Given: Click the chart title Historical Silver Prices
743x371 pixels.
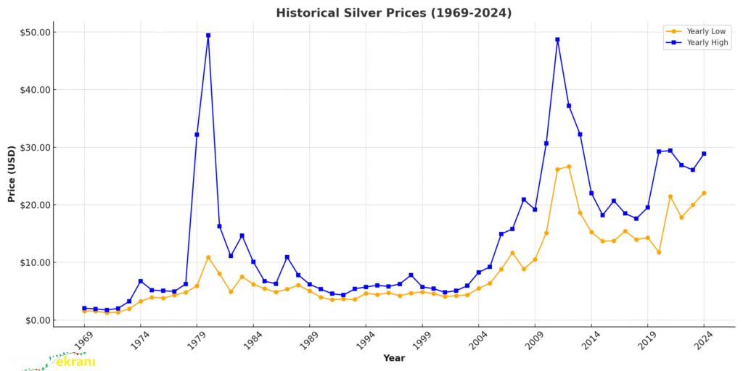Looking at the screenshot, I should coord(393,13).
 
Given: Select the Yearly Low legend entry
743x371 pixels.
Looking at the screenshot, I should coord(697,31).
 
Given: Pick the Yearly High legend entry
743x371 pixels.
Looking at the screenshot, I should coord(697,43).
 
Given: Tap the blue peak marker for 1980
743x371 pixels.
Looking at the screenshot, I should coord(208,35).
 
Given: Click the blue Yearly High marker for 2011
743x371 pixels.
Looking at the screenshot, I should coord(557,39).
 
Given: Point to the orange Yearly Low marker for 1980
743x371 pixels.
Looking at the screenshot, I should coord(208,257).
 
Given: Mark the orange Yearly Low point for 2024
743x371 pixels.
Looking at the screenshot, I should coord(704,193).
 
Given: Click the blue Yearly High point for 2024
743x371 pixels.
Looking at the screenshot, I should coord(704,154).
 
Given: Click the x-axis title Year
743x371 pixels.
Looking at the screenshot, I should coord(394,358).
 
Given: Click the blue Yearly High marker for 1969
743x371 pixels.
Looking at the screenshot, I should coord(84,308).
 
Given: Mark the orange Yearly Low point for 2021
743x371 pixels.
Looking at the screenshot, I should coord(670,196).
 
